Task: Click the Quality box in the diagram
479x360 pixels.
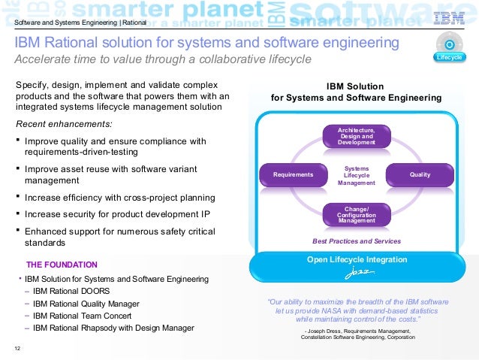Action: [x=420, y=175]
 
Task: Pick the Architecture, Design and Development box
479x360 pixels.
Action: [x=356, y=136]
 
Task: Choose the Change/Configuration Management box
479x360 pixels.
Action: [x=356, y=214]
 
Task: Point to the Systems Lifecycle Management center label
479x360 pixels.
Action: [x=356, y=175]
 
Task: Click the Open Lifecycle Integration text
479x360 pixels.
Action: [x=357, y=259]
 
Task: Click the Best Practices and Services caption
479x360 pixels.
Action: [x=356, y=241]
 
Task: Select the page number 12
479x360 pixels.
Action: [x=17, y=347]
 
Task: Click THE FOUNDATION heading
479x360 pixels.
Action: [x=62, y=265]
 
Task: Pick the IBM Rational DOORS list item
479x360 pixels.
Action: [x=71, y=291]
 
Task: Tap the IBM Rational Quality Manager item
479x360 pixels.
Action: [x=87, y=304]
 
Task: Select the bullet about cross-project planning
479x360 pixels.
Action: [x=120, y=198]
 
